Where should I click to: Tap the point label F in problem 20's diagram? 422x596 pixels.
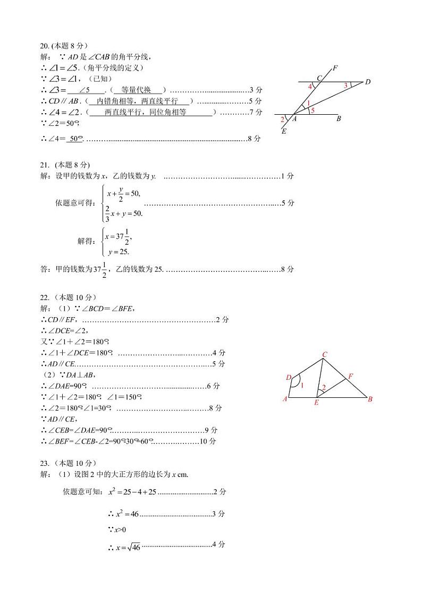pyautogui.click(x=335, y=68)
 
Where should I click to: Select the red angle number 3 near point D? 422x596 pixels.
pyautogui.click(x=345, y=85)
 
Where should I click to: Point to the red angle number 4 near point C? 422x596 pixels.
pyautogui.click(x=310, y=87)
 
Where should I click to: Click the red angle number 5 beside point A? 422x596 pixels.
pyautogui.click(x=313, y=110)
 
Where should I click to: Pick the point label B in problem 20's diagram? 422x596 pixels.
pyautogui.click(x=339, y=119)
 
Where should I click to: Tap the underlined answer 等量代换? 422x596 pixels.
pyautogui.click(x=136, y=90)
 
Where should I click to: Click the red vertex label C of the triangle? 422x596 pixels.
pyautogui.click(x=324, y=354)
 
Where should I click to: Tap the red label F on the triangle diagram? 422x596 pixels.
pyautogui.click(x=350, y=376)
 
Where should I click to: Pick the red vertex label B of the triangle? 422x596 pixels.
pyautogui.click(x=370, y=399)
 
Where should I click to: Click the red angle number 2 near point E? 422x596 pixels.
pyautogui.click(x=324, y=388)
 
